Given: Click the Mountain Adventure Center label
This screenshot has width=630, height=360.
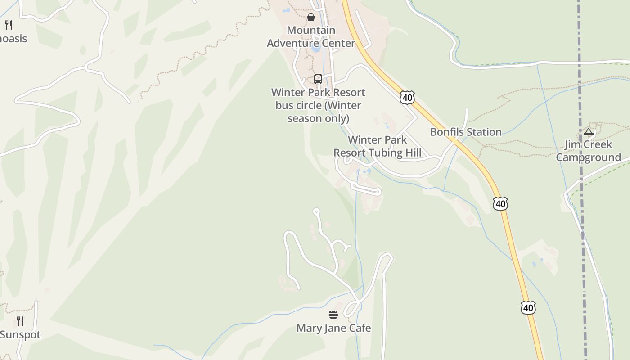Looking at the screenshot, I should click(x=311, y=37).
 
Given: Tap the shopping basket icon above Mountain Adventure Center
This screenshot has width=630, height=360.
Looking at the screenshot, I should click(x=311, y=17).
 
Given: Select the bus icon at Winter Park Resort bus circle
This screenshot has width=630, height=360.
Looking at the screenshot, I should click(x=318, y=79).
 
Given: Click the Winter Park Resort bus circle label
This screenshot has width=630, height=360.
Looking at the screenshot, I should click(x=318, y=105).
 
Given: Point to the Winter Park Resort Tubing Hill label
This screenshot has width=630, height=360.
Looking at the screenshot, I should click(x=377, y=146).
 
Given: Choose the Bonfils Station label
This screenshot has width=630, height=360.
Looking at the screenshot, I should click(x=466, y=132).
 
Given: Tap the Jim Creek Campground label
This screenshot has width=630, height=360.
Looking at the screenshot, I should click(x=588, y=151).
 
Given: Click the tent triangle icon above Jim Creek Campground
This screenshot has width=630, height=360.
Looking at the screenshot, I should click(x=588, y=131).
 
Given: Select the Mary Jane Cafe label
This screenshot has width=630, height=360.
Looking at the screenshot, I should click(x=333, y=328).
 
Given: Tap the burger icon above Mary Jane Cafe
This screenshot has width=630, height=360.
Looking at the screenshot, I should click(x=333, y=314).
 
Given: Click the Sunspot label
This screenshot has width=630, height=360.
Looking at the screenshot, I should click(x=20, y=335).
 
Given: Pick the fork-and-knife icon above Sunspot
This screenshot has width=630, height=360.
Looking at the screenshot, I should click(x=20, y=321).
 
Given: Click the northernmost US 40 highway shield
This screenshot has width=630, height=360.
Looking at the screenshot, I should click(x=407, y=97).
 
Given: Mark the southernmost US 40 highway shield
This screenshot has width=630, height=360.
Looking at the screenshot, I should click(x=528, y=308).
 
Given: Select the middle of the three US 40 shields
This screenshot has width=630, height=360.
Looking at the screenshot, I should click(x=500, y=203).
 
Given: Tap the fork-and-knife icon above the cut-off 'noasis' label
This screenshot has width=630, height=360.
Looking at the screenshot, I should click(x=9, y=25).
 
